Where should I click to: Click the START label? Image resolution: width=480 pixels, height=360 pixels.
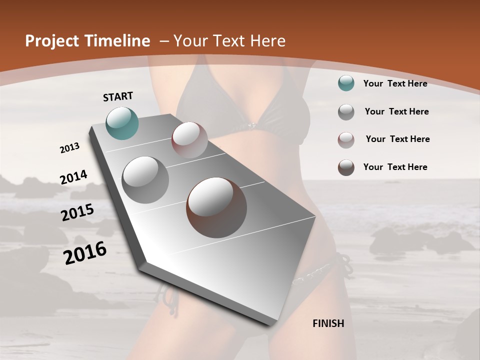pos(118,96)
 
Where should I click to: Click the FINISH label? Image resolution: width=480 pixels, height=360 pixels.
pos(328,323)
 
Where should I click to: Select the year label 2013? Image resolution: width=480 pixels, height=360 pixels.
pos(69,148)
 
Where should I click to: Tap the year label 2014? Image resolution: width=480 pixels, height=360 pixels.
pos(73,177)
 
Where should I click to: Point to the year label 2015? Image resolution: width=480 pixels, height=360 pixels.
pos(77,212)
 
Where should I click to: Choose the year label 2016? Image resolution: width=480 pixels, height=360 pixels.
pos(85,253)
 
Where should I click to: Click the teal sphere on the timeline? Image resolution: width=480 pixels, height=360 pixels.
pos(122,123)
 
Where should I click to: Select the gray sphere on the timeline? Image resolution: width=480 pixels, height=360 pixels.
pos(145,180)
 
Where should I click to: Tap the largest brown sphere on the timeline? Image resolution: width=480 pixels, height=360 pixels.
pos(216,207)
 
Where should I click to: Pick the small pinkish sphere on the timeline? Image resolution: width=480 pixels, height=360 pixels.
pos(189,140)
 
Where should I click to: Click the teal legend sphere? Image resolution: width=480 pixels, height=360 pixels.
pos(346,83)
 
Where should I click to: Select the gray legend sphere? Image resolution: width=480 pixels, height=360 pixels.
pos(346,112)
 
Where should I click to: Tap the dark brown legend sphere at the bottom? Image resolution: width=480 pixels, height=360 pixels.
pos(346,167)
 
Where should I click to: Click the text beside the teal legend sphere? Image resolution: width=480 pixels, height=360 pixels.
pos(395,83)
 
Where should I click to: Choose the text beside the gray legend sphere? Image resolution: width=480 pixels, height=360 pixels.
pos(396,111)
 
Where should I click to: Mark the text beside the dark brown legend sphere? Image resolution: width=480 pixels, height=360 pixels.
pos(395,167)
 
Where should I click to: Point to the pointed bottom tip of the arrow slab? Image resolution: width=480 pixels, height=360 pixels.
pos(270,325)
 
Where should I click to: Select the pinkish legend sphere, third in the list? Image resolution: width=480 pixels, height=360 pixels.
pos(346,140)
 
